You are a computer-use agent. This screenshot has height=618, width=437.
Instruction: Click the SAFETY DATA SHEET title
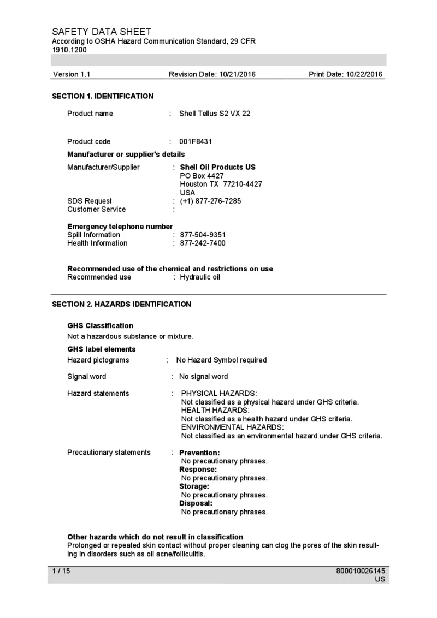(x=102, y=32)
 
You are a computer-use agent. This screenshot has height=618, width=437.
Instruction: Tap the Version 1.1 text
(x=72, y=74)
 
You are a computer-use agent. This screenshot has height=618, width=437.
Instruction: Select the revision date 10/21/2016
(x=212, y=74)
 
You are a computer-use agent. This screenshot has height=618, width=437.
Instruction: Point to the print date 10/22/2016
(x=345, y=74)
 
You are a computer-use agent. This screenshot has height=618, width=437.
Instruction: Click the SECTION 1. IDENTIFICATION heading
(x=103, y=96)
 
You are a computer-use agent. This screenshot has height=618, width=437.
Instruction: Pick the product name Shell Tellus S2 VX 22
(x=215, y=114)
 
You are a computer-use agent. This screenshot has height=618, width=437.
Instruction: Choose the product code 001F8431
(x=196, y=141)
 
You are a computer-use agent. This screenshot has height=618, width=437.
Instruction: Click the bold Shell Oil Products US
(x=217, y=167)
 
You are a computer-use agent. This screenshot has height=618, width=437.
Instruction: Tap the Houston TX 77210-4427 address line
(x=221, y=184)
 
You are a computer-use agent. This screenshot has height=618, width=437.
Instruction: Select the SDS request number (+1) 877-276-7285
(x=210, y=201)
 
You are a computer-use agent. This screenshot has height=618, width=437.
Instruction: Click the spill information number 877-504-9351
(x=203, y=235)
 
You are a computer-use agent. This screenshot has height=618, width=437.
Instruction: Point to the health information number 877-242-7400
(x=203, y=243)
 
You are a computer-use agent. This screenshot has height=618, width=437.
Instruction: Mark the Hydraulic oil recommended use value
(x=200, y=277)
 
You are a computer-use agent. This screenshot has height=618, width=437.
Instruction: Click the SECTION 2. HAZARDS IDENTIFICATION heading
(x=121, y=304)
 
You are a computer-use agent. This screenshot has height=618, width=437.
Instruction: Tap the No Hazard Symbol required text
(x=221, y=360)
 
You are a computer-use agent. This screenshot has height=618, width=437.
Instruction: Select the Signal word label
(x=87, y=376)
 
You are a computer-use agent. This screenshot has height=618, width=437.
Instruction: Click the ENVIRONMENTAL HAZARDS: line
(x=232, y=427)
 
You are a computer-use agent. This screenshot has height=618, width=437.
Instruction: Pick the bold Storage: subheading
(x=194, y=486)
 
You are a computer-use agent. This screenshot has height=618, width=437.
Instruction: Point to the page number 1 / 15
(x=61, y=571)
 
